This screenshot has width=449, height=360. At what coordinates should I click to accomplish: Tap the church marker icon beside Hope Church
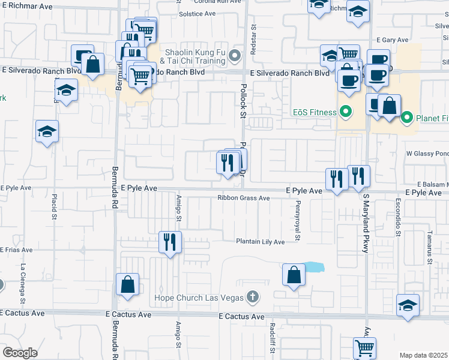tap(253, 297)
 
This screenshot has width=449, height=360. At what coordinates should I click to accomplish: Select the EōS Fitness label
tap(313, 112)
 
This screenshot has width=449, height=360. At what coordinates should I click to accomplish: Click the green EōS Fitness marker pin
tap(345, 111)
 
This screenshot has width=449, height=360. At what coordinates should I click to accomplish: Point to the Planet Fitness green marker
tap(406, 118)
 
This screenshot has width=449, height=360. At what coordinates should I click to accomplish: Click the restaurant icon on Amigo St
tap(170, 242)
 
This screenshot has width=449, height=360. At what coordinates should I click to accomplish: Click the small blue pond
tap(313, 267)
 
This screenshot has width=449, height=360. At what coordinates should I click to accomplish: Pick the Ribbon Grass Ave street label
tap(244, 199)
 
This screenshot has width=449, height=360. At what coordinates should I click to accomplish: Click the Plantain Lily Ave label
tap(260, 242)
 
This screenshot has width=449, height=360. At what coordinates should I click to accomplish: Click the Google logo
tap(20, 353)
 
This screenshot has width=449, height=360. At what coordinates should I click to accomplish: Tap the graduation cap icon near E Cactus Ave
tap(408, 305)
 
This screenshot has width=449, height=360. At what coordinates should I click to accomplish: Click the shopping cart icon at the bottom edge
tap(364, 347)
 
